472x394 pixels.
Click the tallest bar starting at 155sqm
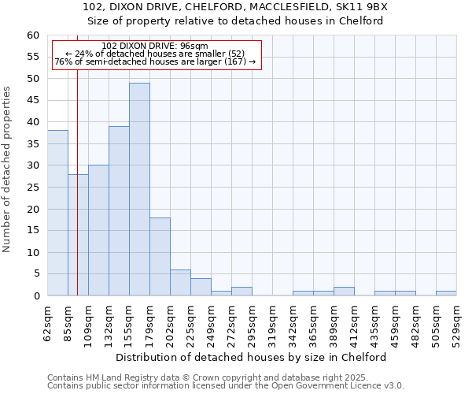139,189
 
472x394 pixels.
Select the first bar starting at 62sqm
57,213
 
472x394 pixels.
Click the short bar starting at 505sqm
446,293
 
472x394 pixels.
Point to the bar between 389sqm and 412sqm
344,292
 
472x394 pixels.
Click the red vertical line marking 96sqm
77,197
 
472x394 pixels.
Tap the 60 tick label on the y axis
32,35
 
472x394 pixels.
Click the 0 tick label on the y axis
35,296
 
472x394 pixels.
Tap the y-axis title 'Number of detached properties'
7,169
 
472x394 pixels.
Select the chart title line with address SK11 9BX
235,6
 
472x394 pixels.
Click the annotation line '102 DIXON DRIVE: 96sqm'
155,46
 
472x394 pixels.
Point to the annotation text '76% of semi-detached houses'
155,61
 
